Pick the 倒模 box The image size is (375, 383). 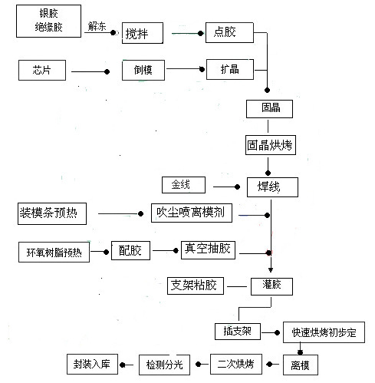(x=144, y=71)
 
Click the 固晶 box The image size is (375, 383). (x=269, y=108)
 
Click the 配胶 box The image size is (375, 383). (x=130, y=250)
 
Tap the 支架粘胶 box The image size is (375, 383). (x=196, y=286)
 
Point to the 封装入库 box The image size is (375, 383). (x=91, y=362)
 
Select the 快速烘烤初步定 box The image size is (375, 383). (x=324, y=332)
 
